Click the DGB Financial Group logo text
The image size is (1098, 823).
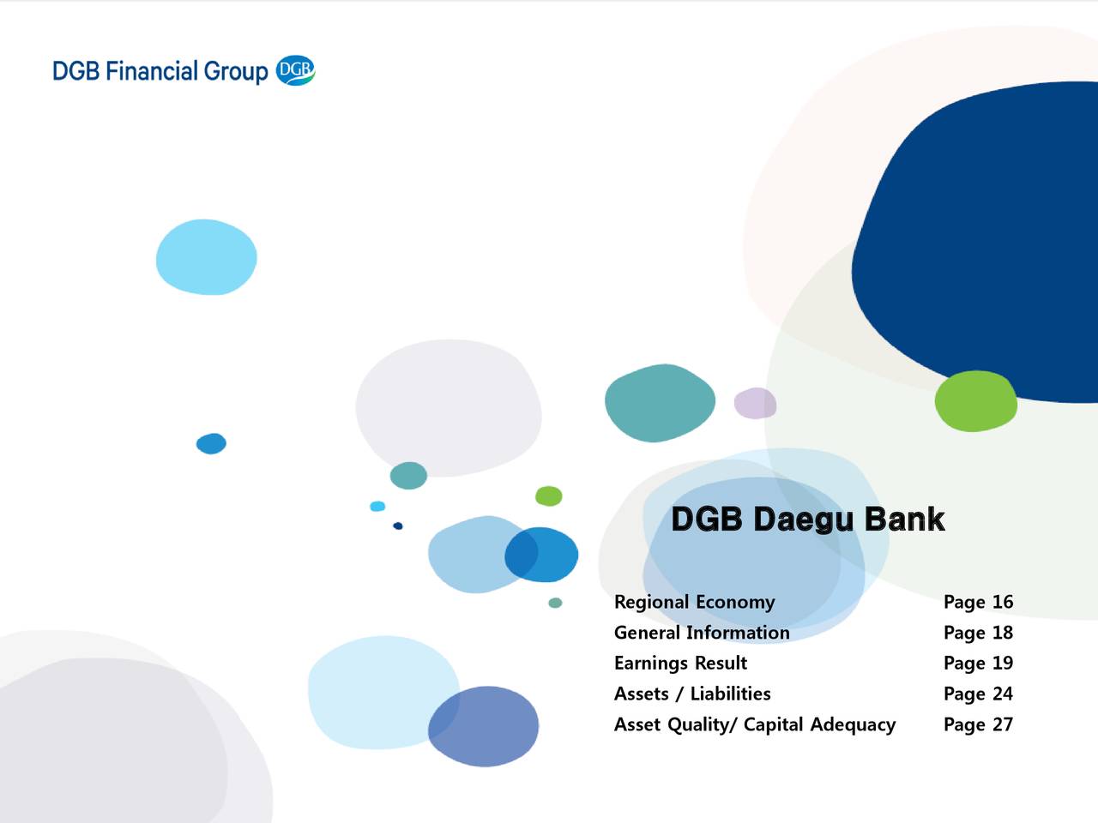[160, 71]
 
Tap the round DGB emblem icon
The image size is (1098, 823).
[296, 70]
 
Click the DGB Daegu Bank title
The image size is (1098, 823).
[807, 520]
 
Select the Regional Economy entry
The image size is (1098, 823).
[694, 602]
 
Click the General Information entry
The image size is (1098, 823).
[702, 633]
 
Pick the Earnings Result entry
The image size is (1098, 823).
[680, 663]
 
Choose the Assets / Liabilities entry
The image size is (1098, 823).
[692, 694]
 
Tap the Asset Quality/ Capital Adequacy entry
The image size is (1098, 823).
[754, 724]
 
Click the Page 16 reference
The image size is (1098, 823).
[978, 602]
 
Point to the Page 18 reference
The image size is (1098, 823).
[978, 633]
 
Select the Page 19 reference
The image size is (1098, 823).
[978, 663]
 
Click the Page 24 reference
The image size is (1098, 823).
[978, 694]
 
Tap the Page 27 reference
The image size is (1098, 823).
[978, 724]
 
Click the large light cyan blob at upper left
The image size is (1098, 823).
[206, 257]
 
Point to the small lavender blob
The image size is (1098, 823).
[755, 403]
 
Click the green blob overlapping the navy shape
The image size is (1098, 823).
[975, 401]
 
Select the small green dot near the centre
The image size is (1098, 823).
[549, 496]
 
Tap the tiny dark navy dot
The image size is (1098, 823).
[398, 526]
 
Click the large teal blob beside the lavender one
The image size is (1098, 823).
[659, 403]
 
